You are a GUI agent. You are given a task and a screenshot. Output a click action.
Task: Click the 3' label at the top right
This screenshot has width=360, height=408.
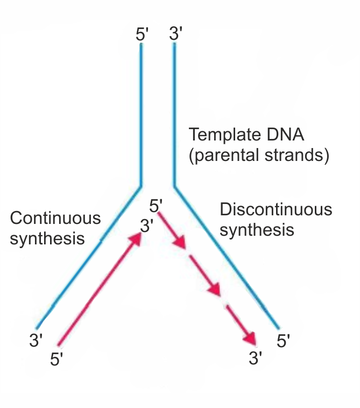(176, 34)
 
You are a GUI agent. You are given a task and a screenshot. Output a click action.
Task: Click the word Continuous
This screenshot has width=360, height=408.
(55, 218)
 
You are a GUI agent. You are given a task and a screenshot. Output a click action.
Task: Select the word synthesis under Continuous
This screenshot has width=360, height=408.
(47, 238)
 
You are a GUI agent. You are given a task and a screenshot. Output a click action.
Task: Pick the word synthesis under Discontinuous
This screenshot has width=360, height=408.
(257, 230)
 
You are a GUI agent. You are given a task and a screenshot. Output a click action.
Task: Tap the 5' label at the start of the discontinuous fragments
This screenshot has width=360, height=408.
(156, 206)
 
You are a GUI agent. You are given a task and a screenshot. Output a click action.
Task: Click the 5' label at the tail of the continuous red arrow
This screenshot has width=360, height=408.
(57, 360)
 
